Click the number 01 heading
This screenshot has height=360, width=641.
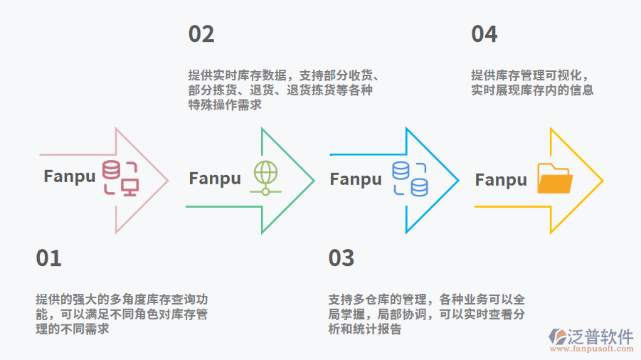pos(49,258)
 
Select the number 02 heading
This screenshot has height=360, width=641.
pos(201,34)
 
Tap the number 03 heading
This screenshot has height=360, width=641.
pos(341,258)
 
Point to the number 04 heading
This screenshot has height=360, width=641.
pos(484,34)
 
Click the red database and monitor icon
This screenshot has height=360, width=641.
pos(120,178)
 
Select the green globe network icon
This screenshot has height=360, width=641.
pos(265,178)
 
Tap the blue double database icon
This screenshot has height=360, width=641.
pos(410,179)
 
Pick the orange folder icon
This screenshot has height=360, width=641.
pos(555,179)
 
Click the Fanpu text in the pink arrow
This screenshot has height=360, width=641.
pos(69,176)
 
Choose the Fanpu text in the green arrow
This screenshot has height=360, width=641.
pos(215,179)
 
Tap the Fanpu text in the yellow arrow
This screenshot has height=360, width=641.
pos(501,179)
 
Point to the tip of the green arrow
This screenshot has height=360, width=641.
pos(313,180)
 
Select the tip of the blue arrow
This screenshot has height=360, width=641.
pos(457,180)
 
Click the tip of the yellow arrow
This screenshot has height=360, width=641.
pos(602,180)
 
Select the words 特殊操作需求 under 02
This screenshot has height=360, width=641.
pos(225,105)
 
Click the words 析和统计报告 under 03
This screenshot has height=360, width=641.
pos(365,329)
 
